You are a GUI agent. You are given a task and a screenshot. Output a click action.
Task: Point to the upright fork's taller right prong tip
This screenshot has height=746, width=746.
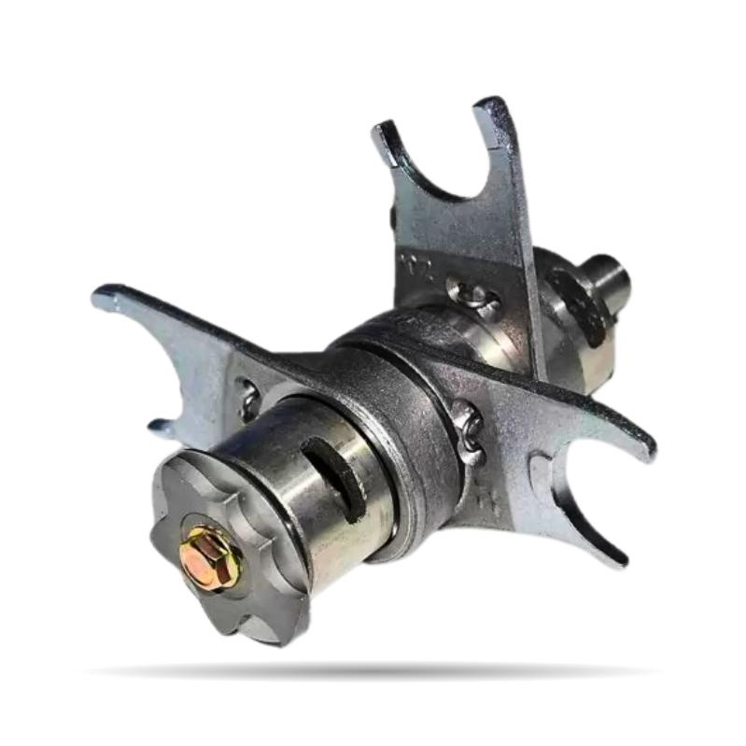pyautogui.click(x=493, y=107)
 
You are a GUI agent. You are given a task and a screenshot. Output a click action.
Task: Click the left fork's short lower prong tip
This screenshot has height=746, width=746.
pyautogui.click(x=161, y=429)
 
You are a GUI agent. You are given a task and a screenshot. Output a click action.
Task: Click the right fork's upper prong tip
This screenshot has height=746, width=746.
pyautogui.click(x=644, y=447)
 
